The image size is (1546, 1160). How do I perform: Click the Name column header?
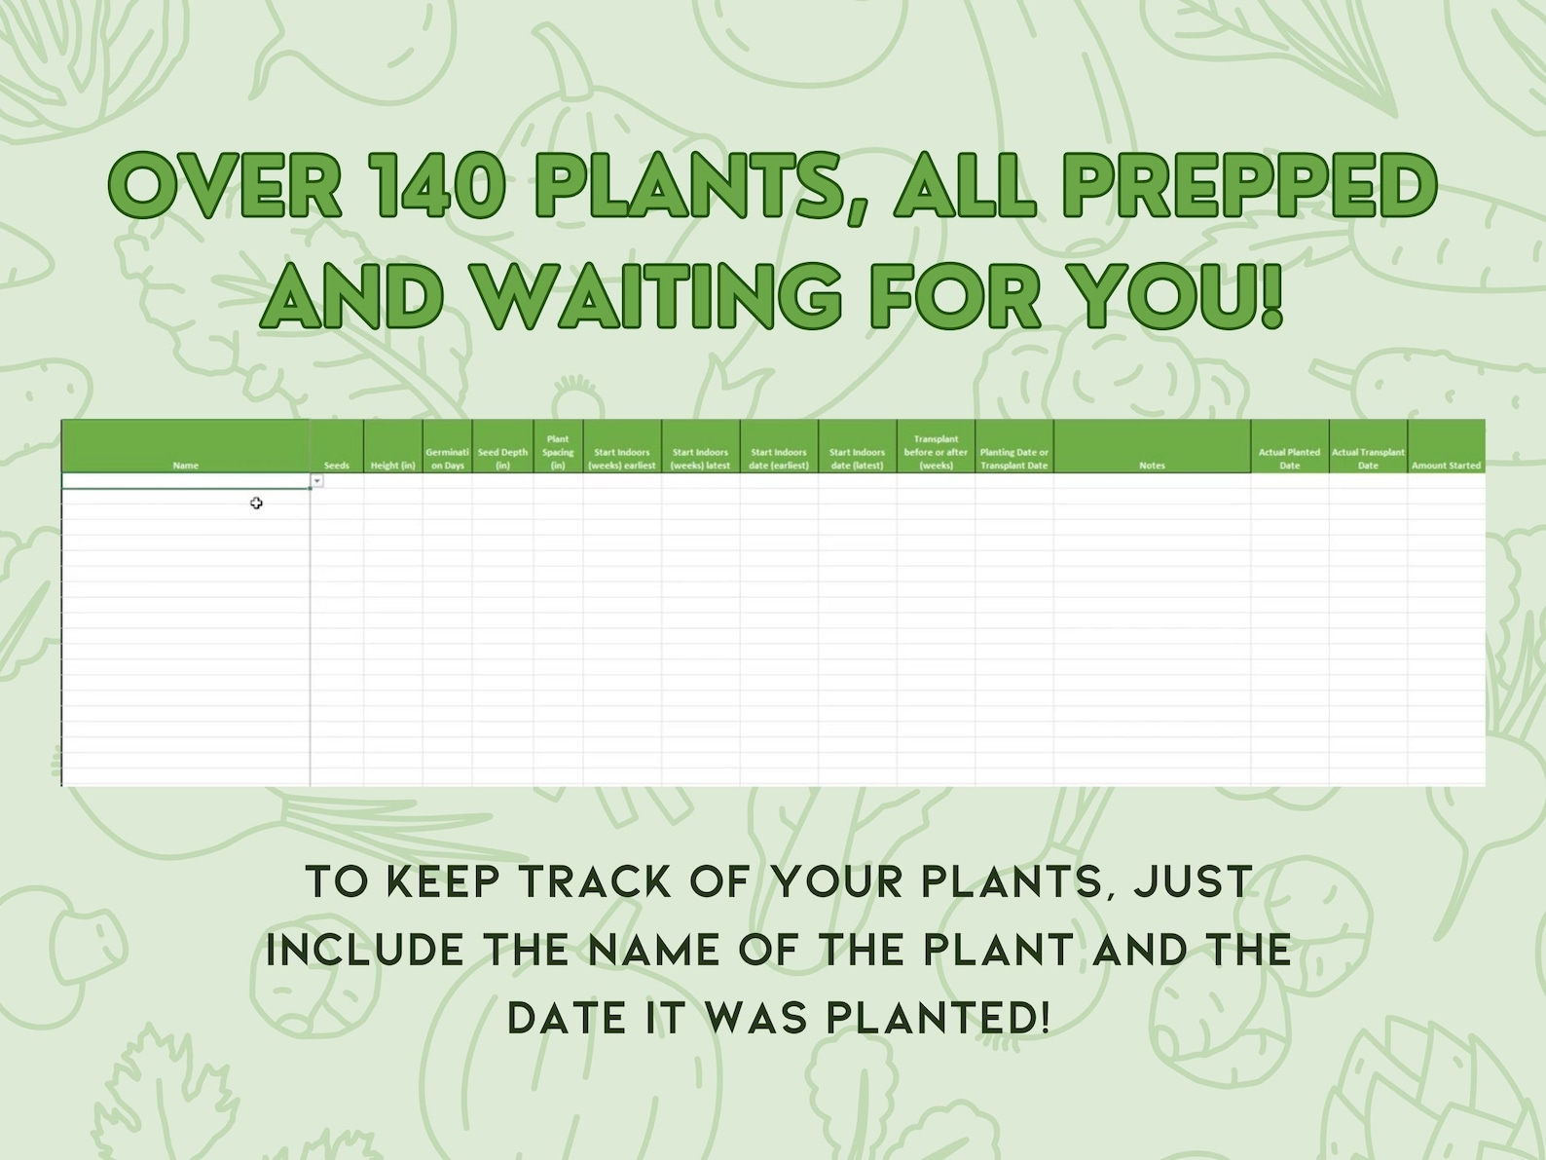185,465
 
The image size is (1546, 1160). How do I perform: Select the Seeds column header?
337,465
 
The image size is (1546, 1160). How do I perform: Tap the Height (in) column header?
393,465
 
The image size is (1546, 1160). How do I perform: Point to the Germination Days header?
448,459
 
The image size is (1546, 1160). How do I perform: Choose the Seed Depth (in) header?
502,459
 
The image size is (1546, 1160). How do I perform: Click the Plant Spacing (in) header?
558,452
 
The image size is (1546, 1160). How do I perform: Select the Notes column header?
1152,465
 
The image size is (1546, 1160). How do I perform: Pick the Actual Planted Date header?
1289,459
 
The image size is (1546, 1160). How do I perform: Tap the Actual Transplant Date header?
1368,459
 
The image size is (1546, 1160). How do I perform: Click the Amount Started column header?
1446,465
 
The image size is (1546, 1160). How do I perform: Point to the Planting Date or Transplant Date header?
1013,459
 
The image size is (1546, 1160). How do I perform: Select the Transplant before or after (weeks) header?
936,452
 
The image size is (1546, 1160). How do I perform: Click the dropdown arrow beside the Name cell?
317,481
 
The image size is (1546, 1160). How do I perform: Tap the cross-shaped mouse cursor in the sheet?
256,503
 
